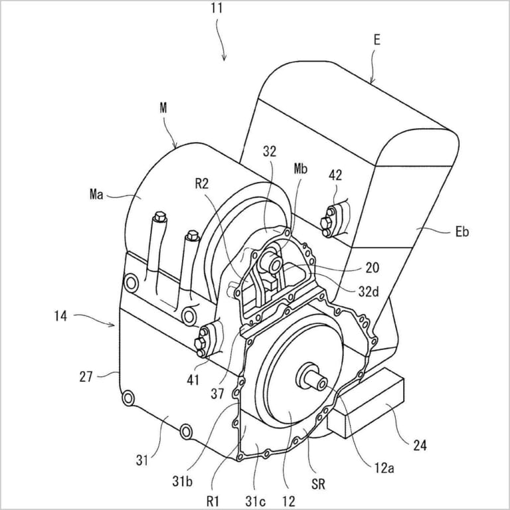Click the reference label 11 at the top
click(216, 8)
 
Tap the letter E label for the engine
click(377, 40)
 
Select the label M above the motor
click(163, 108)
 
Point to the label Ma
click(96, 194)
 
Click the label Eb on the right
click(462, 232)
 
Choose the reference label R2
click(201, 184)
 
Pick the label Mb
click(300, 169)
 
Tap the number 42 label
click(335, 175)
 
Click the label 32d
click(369, 292)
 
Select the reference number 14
click(60, 316)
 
